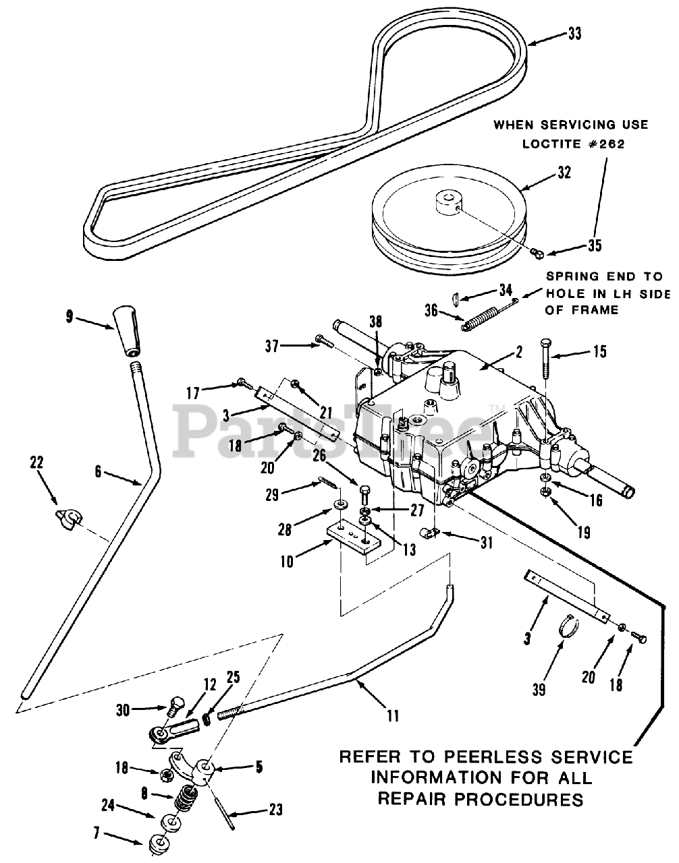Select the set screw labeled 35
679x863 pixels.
coord(538,253)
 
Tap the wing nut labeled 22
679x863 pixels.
coord(70,519)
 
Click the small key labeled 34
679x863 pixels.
coord(456,299)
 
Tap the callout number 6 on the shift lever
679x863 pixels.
coord(98,472)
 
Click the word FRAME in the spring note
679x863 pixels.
coord(595,310)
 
